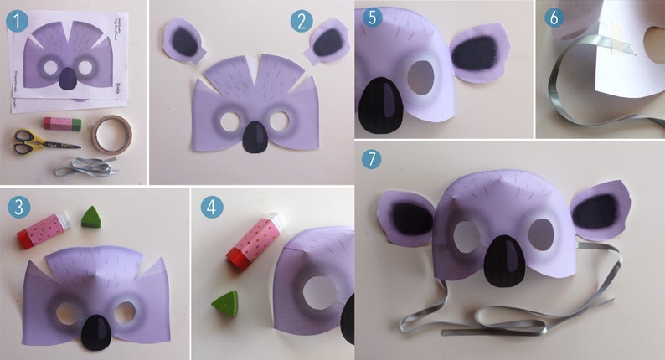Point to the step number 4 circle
point(211,207)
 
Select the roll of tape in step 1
point(106,134)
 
